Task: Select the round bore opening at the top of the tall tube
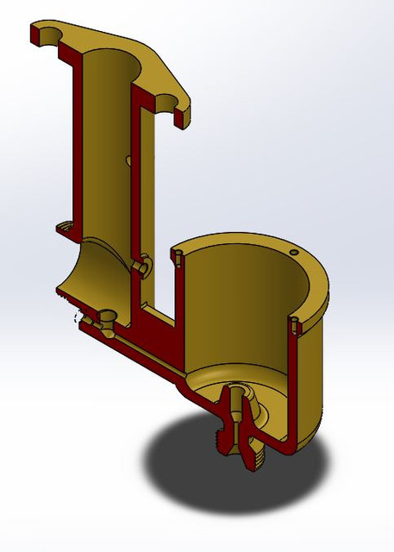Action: (x=112, y=60)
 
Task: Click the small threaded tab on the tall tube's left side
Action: (x=66, y=229)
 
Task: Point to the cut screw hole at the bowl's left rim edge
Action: (x=177, y=255)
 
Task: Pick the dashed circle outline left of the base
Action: (x=82, y=318)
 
